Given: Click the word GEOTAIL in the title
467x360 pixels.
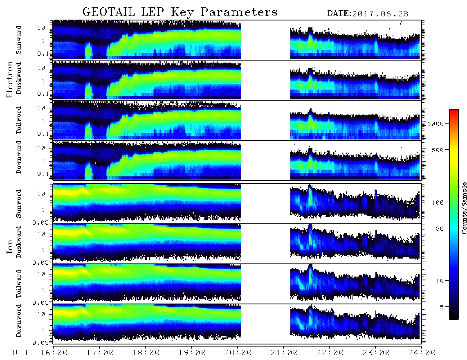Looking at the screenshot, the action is [108, 12].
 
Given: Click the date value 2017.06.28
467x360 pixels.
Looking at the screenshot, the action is [380, 14].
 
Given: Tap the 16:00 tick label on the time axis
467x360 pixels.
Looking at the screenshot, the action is [54, 353].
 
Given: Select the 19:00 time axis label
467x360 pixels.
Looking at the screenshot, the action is [192, 353].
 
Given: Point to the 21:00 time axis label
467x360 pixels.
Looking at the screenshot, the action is [284, 353].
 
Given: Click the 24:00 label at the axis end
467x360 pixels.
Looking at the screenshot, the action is [422, 353].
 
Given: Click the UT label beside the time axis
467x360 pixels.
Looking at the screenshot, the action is [20, 353].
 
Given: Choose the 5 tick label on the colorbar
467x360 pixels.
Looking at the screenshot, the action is [442, 307].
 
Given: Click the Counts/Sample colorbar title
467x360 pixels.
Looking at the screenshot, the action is [464, 208].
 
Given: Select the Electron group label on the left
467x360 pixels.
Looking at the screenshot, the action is [10, 79].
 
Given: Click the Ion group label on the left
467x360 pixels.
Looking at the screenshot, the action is [10, 246].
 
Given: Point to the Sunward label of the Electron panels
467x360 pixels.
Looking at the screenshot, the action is [19, 40].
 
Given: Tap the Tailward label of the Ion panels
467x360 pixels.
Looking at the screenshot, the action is [19, 284].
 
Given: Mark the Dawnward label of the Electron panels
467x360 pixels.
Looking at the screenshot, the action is [19, 157].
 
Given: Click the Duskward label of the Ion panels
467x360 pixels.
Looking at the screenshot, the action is [19, 242].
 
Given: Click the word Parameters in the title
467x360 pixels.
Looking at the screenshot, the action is [239, 12].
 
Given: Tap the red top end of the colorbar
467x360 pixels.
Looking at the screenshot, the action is [454, 111].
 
